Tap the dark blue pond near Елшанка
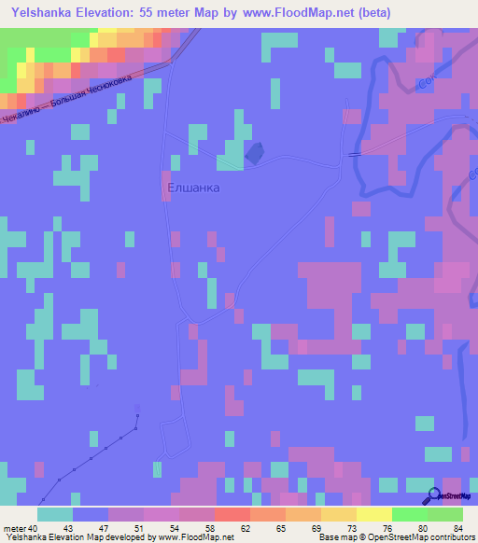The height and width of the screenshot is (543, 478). point(253,151)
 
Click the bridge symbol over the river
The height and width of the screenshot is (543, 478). point(354,155)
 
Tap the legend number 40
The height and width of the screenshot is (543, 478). point(35,527)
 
